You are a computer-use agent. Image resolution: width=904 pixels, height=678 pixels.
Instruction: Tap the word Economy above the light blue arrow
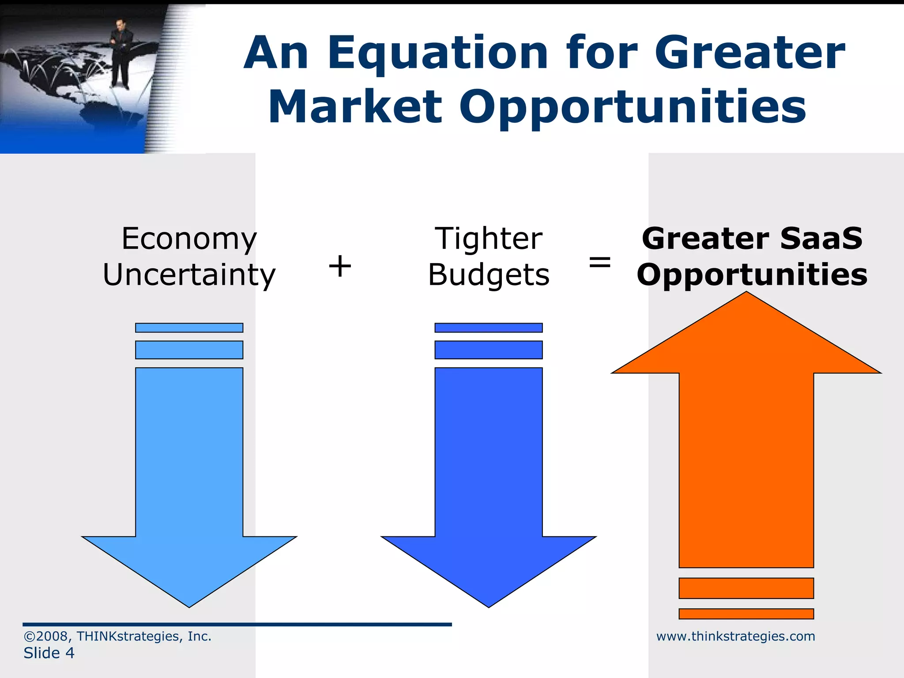tap(189, 239)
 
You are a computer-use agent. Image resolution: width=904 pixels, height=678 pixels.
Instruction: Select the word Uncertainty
tap(189, 275)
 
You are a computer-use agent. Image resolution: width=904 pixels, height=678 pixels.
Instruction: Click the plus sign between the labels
tap(340, 266)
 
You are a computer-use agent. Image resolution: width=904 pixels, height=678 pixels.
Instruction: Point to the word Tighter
tap(489, 239)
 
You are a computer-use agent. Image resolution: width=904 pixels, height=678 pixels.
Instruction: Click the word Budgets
tap(489, 275)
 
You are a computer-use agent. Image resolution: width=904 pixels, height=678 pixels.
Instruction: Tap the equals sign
tap(600, 263)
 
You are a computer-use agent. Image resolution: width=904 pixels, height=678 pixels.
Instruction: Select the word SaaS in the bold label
tap(821, 239)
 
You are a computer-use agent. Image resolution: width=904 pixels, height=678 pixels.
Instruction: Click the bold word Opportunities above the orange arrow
tap(752, 275)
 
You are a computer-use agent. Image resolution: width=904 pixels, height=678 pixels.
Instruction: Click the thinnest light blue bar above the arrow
tap(189, 328)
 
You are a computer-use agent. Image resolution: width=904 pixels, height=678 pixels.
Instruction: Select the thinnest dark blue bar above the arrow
tap(489, 328)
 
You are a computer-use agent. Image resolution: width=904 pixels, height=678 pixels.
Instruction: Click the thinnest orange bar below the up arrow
tap(746, 614)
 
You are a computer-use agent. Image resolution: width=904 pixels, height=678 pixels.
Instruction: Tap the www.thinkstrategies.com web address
tap(735, 636)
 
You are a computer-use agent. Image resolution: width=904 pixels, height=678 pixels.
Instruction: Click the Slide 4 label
tap(49, 653)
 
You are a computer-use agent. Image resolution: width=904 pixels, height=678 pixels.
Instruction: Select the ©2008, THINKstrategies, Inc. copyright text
tap(117, 636)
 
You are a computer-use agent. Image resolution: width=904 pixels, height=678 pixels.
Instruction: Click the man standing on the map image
tap(120, 53)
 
